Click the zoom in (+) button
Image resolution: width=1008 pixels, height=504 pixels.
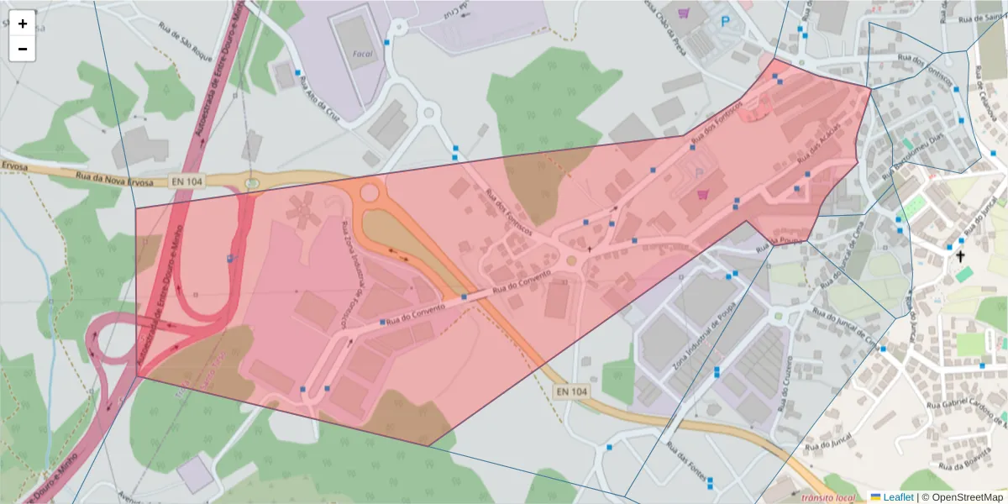23,24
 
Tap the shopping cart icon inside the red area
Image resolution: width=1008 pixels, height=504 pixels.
702,194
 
